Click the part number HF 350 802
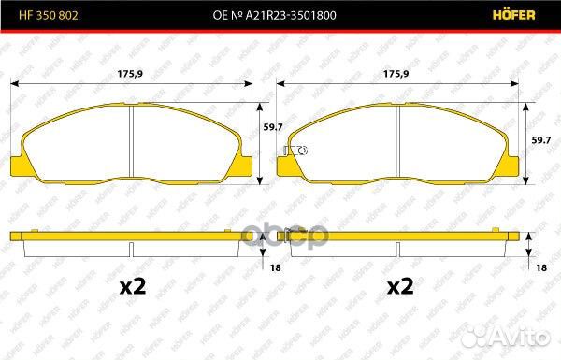pyautogui.click(x=49, y=15)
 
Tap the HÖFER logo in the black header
pyautogui.click(x=513, y=15)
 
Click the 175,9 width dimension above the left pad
pyautogui.click(x=130, y=74)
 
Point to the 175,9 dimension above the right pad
pyautogui.click(x=396, y=74)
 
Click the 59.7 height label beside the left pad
pyautogui.click(x=273, y=127)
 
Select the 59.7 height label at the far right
pyautogui.click(x=541, y=140)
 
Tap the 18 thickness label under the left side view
pyautogui.click(x=276, y=267)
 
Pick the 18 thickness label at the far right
pyautogui.click(x=541, y=267)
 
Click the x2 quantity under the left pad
pyautogui.click(x=133, y=286)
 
